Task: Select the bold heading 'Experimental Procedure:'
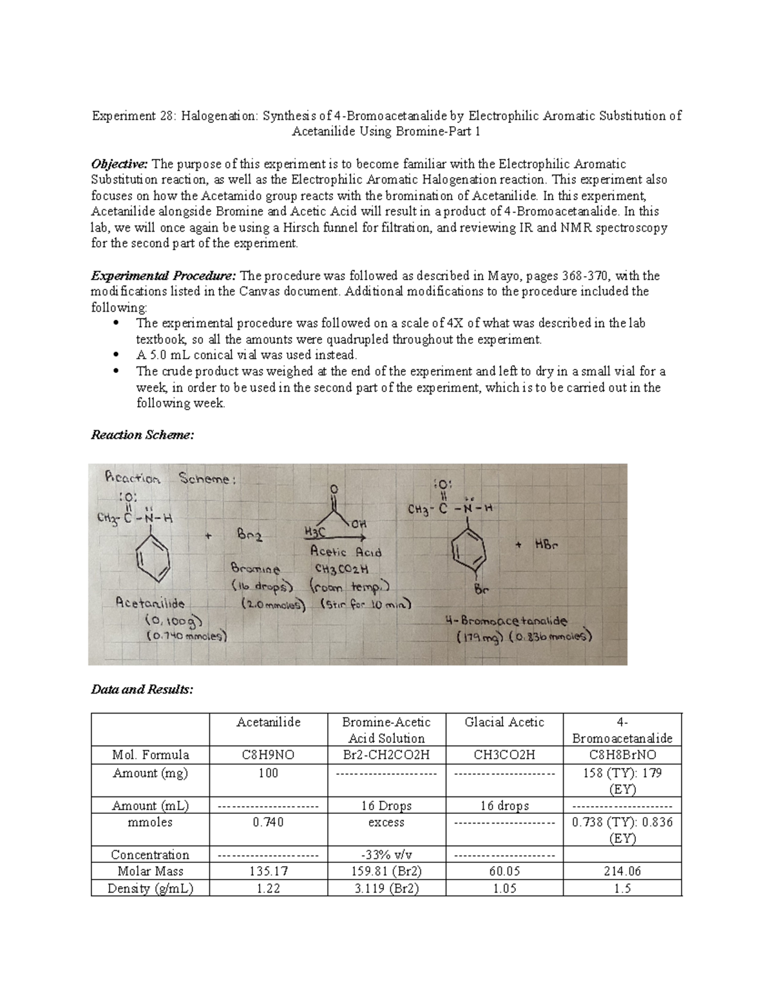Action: click(x=164, y=276)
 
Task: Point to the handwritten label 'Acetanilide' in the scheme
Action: click(x=150, y=603)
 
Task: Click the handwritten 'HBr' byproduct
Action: click(x=546, y=545)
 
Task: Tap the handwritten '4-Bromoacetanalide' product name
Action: click(x=506, y=621)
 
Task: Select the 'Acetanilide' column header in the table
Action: click(x=268, y=722)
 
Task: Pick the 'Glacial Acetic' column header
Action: click(x=504, y=722)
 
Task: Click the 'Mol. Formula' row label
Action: click(x=150, y=755)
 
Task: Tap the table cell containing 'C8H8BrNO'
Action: click(x=622, y=755)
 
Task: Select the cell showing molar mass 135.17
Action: click(x=268, y=871)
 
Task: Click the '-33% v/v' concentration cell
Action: click(x=386, y=855)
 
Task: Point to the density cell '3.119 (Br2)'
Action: click(x=386, y=889)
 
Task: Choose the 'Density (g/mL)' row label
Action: click(x=150, y=889)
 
